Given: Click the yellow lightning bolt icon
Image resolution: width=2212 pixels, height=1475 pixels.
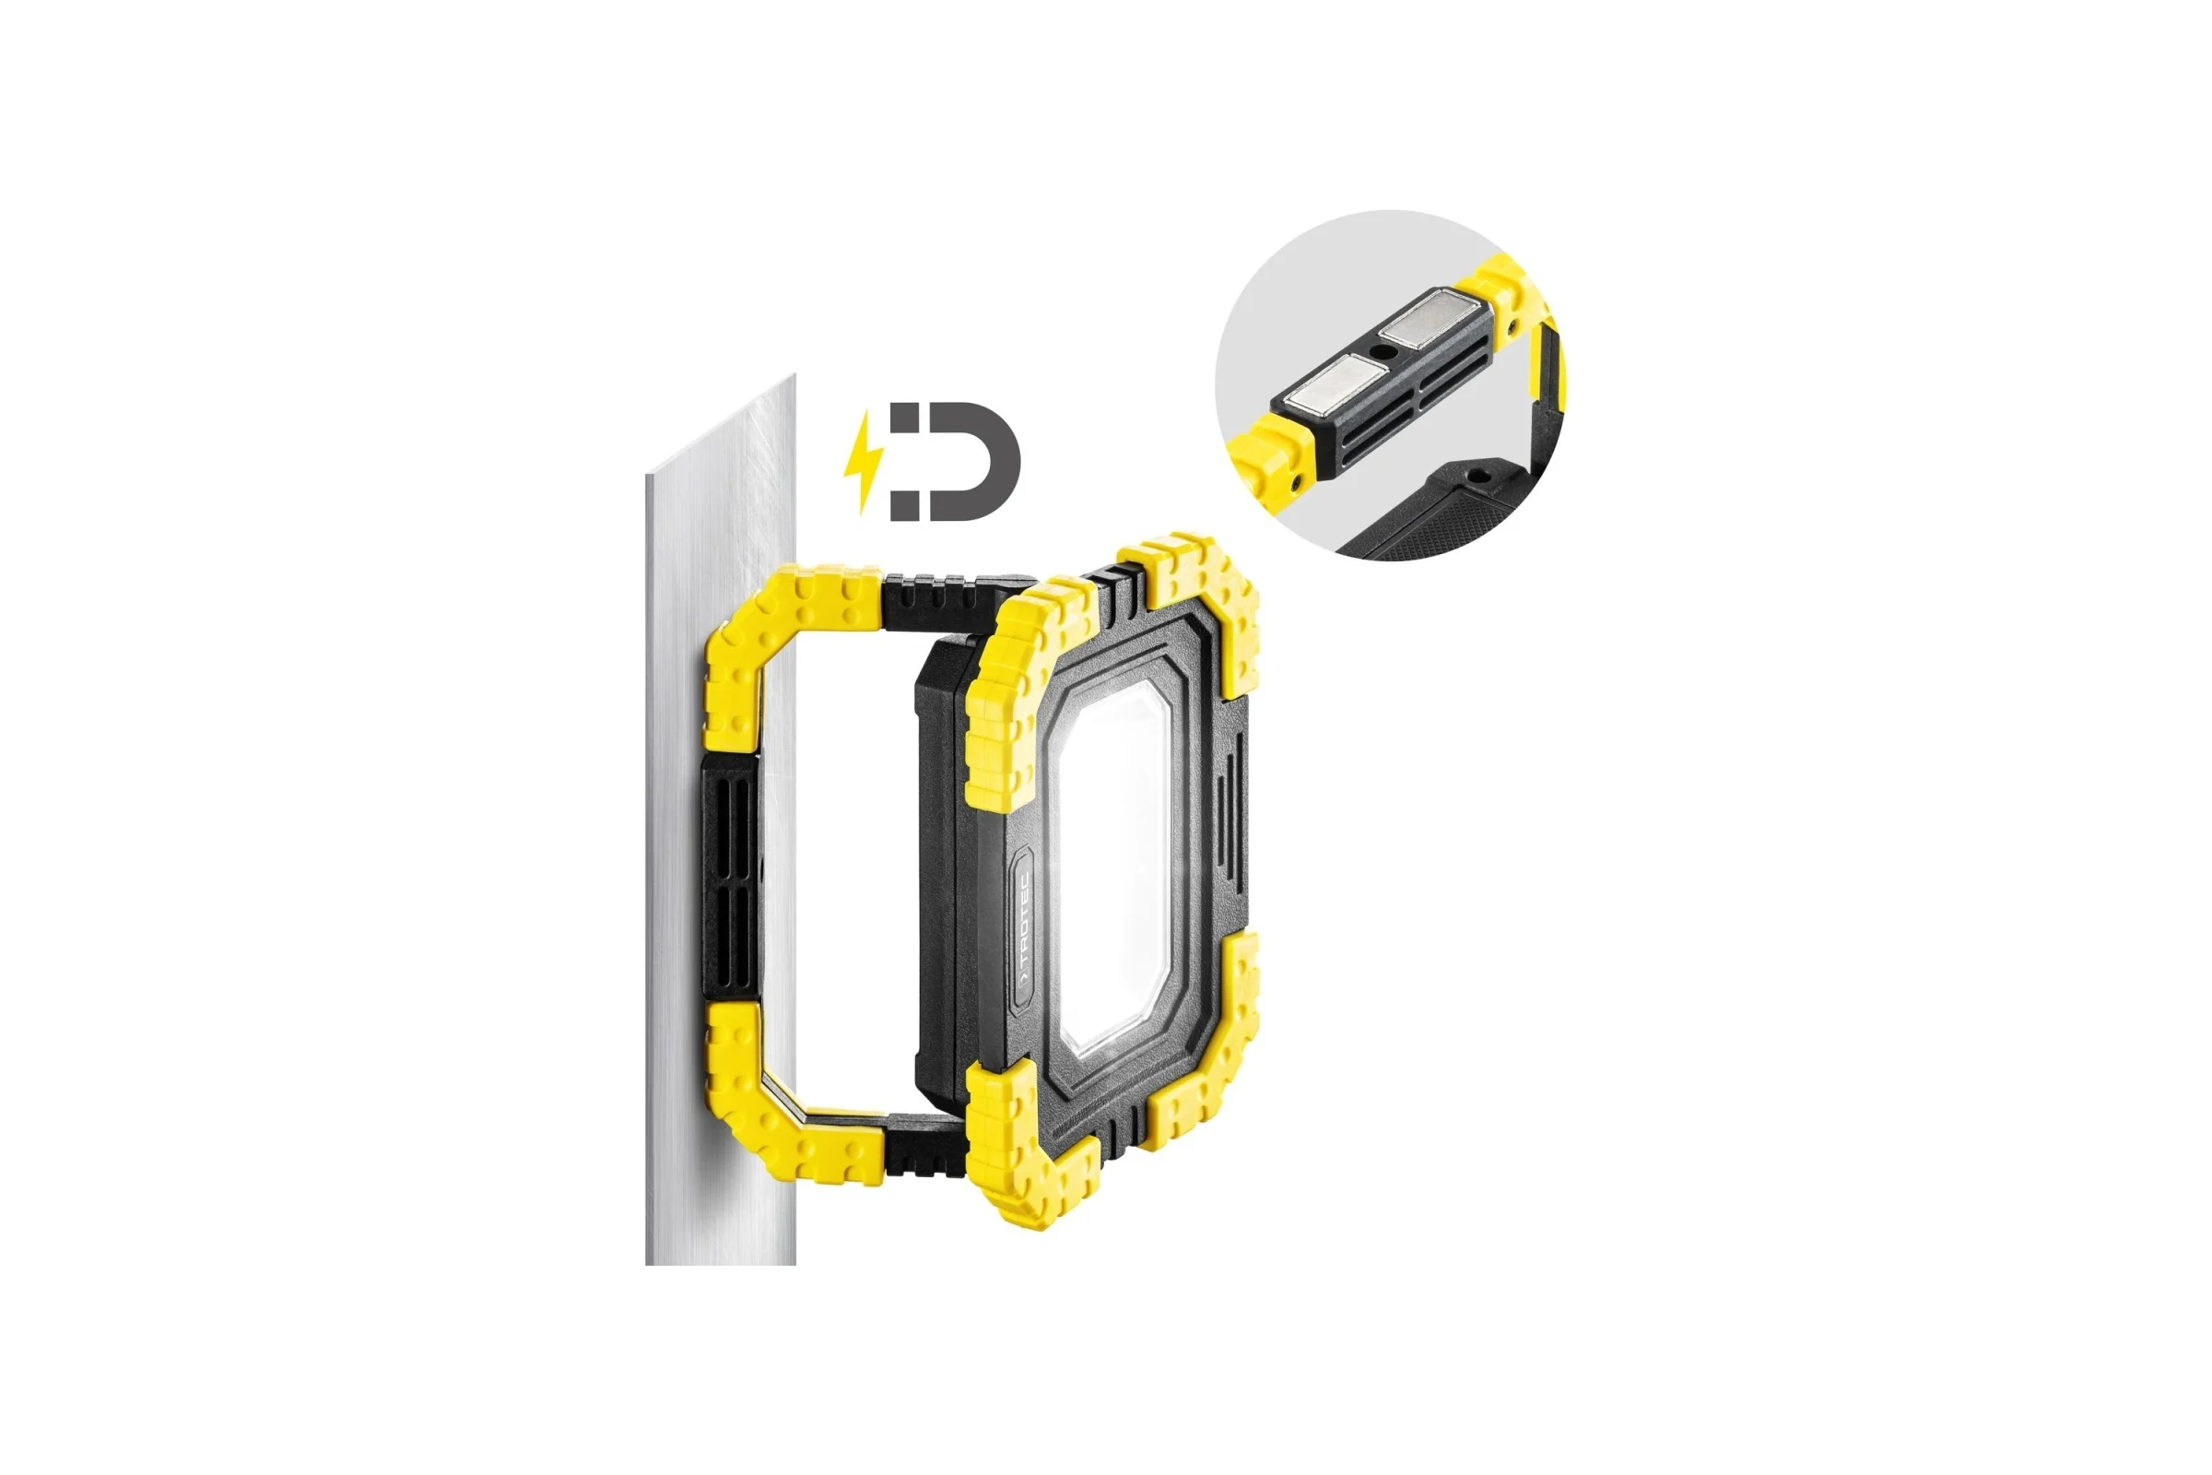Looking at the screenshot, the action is [x=865, y=460].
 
